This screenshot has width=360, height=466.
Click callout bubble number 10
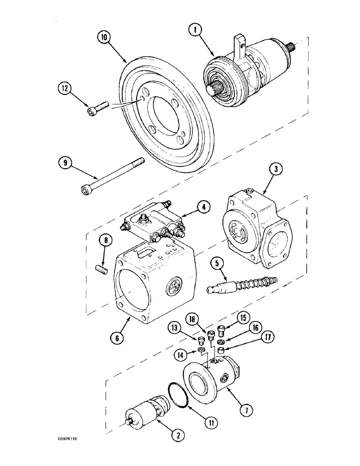click(x=104, y=36)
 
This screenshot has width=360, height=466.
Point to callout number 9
click(x=65, y=163)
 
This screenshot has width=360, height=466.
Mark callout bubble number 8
click(x=106, y=241)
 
